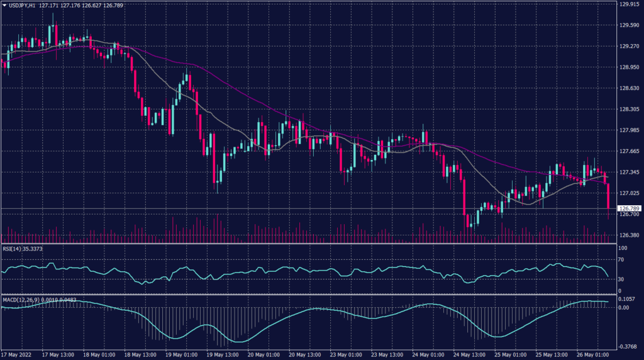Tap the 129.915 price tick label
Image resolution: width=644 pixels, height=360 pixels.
click(628, 4)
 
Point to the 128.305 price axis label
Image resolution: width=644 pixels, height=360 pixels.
click(628, 110)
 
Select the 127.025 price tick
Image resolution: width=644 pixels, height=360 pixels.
click(628, 193)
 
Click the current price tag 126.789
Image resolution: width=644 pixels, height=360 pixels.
click(629, 208)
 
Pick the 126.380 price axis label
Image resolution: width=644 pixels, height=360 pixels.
click(628, 235)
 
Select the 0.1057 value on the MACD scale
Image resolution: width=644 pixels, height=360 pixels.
click(626, 300)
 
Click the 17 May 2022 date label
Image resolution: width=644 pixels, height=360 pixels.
click(17, 354)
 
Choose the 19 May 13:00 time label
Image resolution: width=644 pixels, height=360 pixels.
click(221, 354)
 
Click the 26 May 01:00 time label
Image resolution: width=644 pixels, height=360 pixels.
click(591, 354)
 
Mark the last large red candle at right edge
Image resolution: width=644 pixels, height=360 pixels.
click(608, 196)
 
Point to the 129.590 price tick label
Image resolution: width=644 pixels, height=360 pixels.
click(628, 26)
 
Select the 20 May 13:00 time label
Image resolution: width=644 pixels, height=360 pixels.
click(303, 354)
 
